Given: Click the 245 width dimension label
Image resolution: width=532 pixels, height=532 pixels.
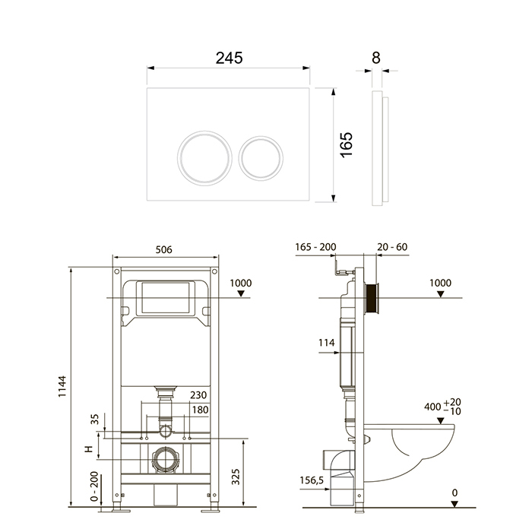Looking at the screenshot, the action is coord(230,58).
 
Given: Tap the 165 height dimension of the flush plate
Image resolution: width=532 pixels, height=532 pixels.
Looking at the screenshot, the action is coord(347,145).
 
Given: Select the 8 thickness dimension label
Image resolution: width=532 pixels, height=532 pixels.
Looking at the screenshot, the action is coord(376,58).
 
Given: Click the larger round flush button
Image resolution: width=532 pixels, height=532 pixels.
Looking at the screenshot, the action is coord(204,158).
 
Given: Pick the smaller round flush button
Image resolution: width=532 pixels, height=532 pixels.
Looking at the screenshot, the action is coord(261,158).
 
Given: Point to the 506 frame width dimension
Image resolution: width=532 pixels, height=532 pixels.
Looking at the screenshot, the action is coord(164,250).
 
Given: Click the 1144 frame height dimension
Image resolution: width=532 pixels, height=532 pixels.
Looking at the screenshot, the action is coord(62,386).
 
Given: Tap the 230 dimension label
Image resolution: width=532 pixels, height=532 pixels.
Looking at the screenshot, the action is coord(198,395).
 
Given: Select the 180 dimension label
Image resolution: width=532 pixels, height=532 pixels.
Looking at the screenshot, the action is coord(200,410).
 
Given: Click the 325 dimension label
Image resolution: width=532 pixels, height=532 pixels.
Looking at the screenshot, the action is coord(236,477).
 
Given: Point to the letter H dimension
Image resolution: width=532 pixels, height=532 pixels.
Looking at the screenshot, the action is coord(89,449).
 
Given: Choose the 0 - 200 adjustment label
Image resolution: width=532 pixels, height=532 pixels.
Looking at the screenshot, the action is coord(94,486).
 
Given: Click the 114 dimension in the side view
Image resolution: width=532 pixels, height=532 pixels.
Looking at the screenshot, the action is coord(326,343).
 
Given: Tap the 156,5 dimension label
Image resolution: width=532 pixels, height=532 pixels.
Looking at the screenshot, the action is coord(312,480).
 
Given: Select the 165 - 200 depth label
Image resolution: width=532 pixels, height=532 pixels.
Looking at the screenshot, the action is coord(315,247).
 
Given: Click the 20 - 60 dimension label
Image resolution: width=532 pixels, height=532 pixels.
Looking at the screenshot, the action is coord(392,247).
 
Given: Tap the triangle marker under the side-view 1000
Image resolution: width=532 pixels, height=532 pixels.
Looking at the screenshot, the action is coord(440,294).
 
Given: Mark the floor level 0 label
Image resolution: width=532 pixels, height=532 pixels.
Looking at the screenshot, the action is coord(454,492).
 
